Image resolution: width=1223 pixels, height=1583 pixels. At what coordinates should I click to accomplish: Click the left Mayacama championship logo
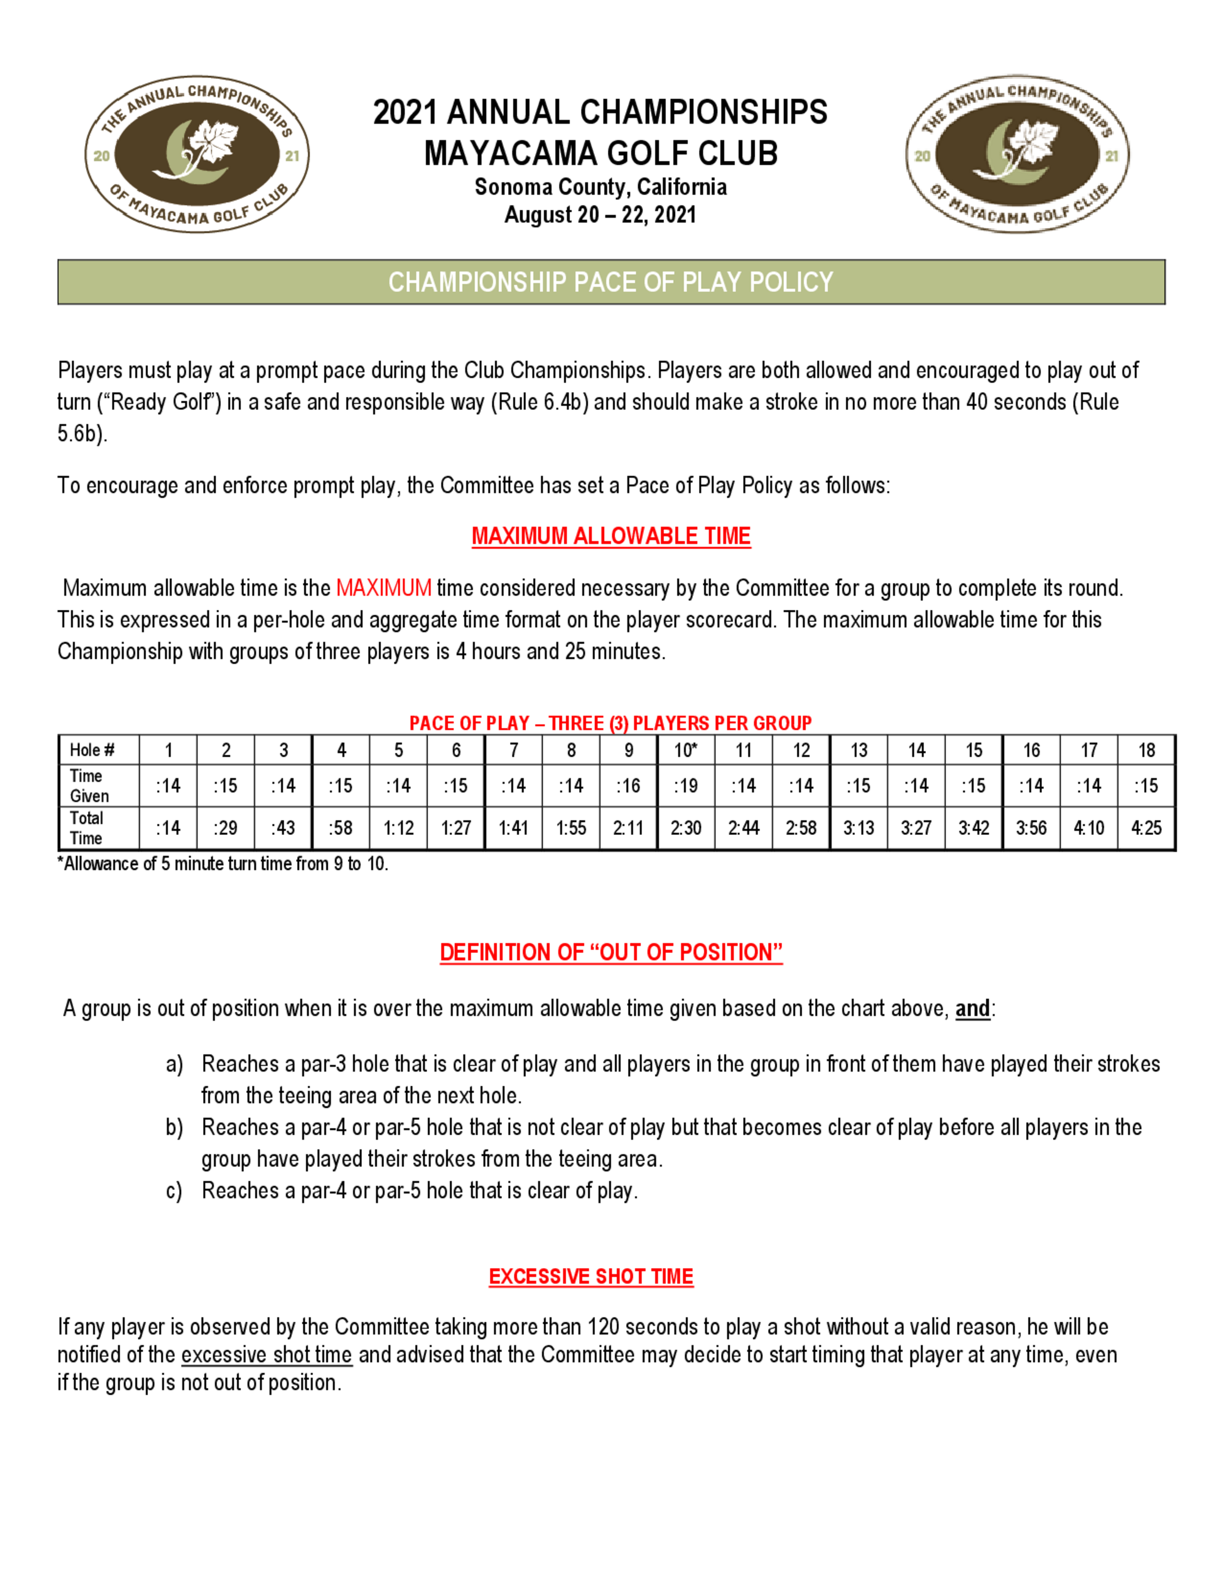coord(196,154)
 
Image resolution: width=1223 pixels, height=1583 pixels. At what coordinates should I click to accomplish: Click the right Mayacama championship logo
coord(1018,154)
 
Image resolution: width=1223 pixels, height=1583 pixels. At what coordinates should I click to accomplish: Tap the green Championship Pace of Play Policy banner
coord(611,282)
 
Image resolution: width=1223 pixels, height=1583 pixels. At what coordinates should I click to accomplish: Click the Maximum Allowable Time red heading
coord(611,536)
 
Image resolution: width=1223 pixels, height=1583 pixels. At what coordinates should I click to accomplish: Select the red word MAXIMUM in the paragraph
coord(383,588)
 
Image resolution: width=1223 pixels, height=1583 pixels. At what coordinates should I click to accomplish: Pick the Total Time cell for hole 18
coord(1145,828)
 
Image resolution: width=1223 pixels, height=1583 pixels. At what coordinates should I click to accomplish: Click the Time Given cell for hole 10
coord(685,786)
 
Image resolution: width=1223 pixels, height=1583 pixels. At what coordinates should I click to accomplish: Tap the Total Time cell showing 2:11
coord(628,828)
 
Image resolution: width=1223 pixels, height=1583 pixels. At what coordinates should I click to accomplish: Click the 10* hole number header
coord(685,750)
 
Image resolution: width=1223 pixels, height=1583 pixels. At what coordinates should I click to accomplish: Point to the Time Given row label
coord(89,786)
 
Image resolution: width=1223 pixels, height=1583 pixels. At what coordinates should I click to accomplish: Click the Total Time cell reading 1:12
coord(397,828)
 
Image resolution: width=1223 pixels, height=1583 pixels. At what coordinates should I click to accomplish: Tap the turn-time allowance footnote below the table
coord(223,864)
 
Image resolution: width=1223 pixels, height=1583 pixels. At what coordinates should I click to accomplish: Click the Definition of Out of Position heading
coord(611,952)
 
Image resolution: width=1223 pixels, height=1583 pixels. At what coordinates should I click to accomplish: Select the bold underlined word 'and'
coord(972,1008)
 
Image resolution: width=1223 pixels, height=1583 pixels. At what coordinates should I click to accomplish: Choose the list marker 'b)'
coord(174,1127)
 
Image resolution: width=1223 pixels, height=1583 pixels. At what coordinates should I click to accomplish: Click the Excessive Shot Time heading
coord(591,1277)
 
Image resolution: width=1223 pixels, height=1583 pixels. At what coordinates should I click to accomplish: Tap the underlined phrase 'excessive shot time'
coord(267,1355)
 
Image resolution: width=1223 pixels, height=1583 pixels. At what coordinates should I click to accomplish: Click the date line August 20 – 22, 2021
coord(600,215)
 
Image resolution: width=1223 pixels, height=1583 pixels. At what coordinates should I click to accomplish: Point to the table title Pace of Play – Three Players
coord(610,724)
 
